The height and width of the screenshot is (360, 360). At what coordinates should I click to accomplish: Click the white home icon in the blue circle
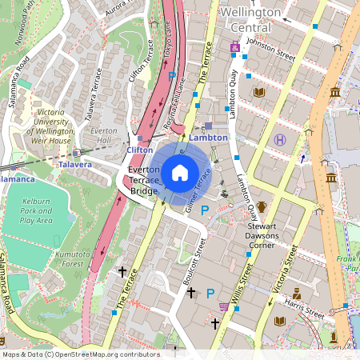pos(179,172)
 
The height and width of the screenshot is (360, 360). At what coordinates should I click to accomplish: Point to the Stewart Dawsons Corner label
pos(261,235)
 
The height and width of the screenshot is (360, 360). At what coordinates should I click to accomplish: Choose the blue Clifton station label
pos(139,149)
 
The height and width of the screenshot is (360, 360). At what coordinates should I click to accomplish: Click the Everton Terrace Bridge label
pos(144,182)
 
